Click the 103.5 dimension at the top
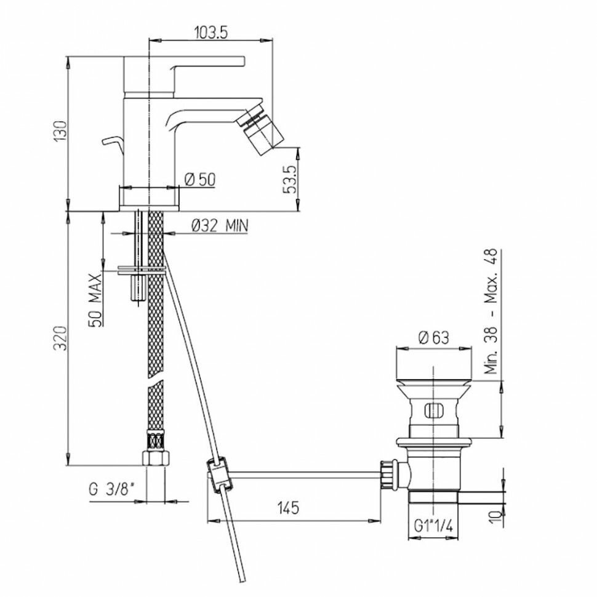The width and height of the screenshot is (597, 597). point(210,33)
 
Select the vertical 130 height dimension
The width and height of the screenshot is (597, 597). point(60,131)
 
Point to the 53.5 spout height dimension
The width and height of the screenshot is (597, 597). point(291,179)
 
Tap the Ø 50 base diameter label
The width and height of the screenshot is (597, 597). point(200,179)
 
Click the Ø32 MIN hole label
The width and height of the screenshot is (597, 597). point(219,226)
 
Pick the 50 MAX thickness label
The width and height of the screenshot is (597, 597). point(95,300)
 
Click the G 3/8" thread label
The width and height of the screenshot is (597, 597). point(111,489)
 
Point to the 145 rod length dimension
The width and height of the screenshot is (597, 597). point(288,508)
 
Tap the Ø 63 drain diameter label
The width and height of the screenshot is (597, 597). point(434,337)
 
